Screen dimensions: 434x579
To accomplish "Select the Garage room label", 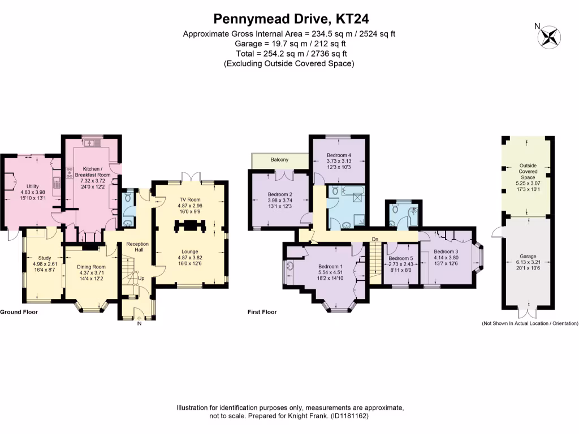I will pyautogui.click(x=528, y=256).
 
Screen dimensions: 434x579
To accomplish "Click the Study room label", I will pyautogui.click(x=45, y=258).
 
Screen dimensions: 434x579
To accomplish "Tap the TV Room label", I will pyautogui.click(x=190, y=199).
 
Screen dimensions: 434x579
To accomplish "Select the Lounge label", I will pyautogui.click(x=190, y=251).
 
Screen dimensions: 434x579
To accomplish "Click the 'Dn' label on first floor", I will pyautogui.click(x=375, y=239).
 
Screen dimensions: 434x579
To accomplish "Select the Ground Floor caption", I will pyautogui.click(x=19, y=311).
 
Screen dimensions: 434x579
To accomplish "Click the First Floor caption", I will pyautogui.click(x=262, y=311).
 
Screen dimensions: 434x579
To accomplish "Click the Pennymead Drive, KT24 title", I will pyautogui.click(x=289, y=19).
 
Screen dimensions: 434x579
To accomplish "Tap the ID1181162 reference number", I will pyautogui.click(x=349, y=416).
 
